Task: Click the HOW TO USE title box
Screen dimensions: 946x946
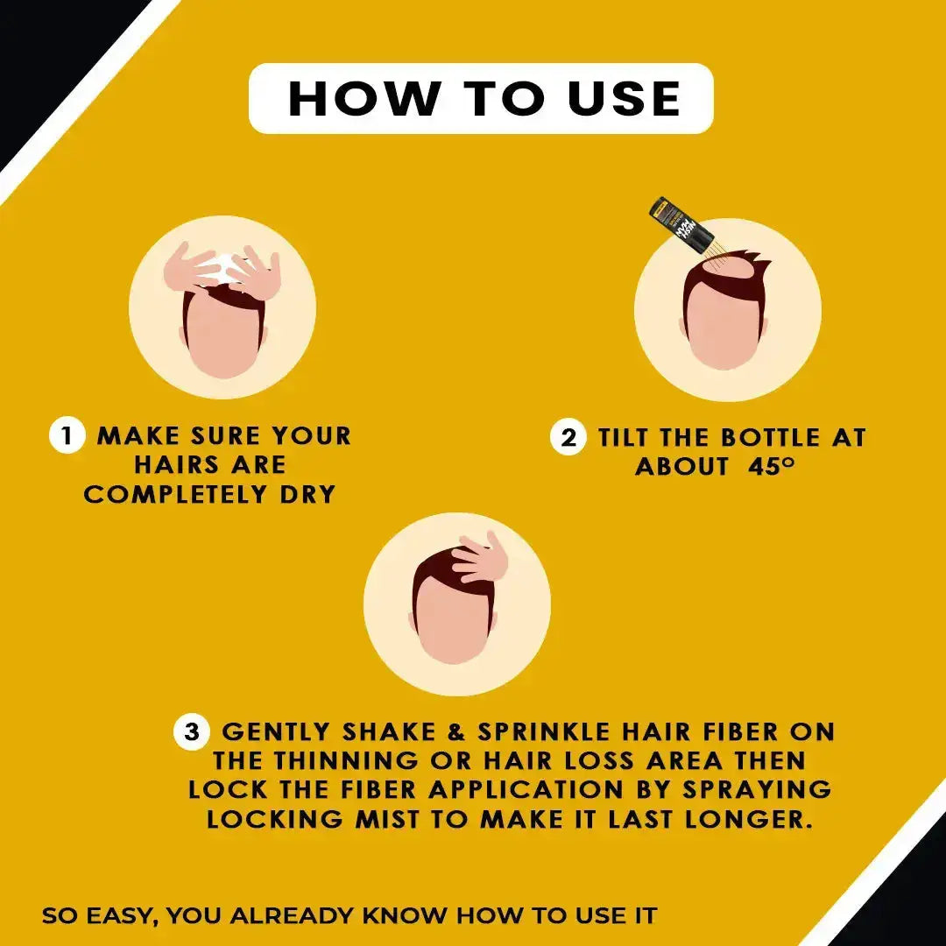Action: point(481,98)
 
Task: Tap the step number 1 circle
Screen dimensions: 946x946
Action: point(67,435)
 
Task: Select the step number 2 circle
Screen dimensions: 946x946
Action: point(568,437)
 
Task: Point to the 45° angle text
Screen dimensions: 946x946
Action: point(772,466)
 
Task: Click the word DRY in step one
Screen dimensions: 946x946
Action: point(307,494)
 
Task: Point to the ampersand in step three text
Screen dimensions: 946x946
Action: point(441,731)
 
